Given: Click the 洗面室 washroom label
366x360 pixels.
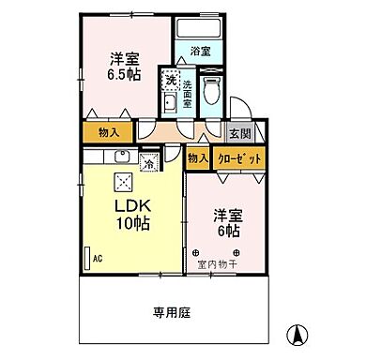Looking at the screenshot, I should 188,95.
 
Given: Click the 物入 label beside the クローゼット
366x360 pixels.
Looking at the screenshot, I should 197,158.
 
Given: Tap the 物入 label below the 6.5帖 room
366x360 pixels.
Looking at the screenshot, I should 109,132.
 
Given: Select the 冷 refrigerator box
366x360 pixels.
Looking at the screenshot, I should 150,162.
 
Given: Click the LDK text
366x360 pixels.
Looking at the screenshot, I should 131,205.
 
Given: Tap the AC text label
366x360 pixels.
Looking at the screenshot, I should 98,257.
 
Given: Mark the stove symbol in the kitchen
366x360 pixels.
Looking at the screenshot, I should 123,183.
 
